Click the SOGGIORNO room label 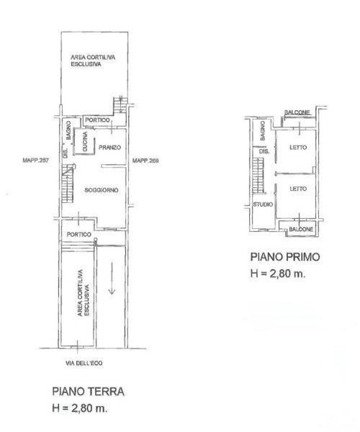[x=102, y=190]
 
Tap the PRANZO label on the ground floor [x=109, y=148]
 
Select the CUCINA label [x=85, y=141]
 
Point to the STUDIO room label [x=263, y=204]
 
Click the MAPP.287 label [x=35, y=161]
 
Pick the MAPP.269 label [x=145, y=161]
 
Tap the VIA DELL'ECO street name [x=84, y=363]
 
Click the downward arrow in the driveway [x=112, y=278]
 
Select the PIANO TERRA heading [x=88, y=392]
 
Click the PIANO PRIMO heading [x=285, y=257]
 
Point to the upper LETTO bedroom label [x=298, y=148]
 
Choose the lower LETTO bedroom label [x=298, y=189]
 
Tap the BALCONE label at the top [x=297, y=112]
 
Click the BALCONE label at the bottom [x=301, y=229]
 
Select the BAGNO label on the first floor [x=263, y=130]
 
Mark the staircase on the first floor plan [x=258, y=176]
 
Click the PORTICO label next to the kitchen [x=97, y=120]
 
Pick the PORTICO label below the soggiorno [x=79, y=235]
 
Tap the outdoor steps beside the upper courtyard [x=120, y=104]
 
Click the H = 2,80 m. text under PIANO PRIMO [x=278, y=274]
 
